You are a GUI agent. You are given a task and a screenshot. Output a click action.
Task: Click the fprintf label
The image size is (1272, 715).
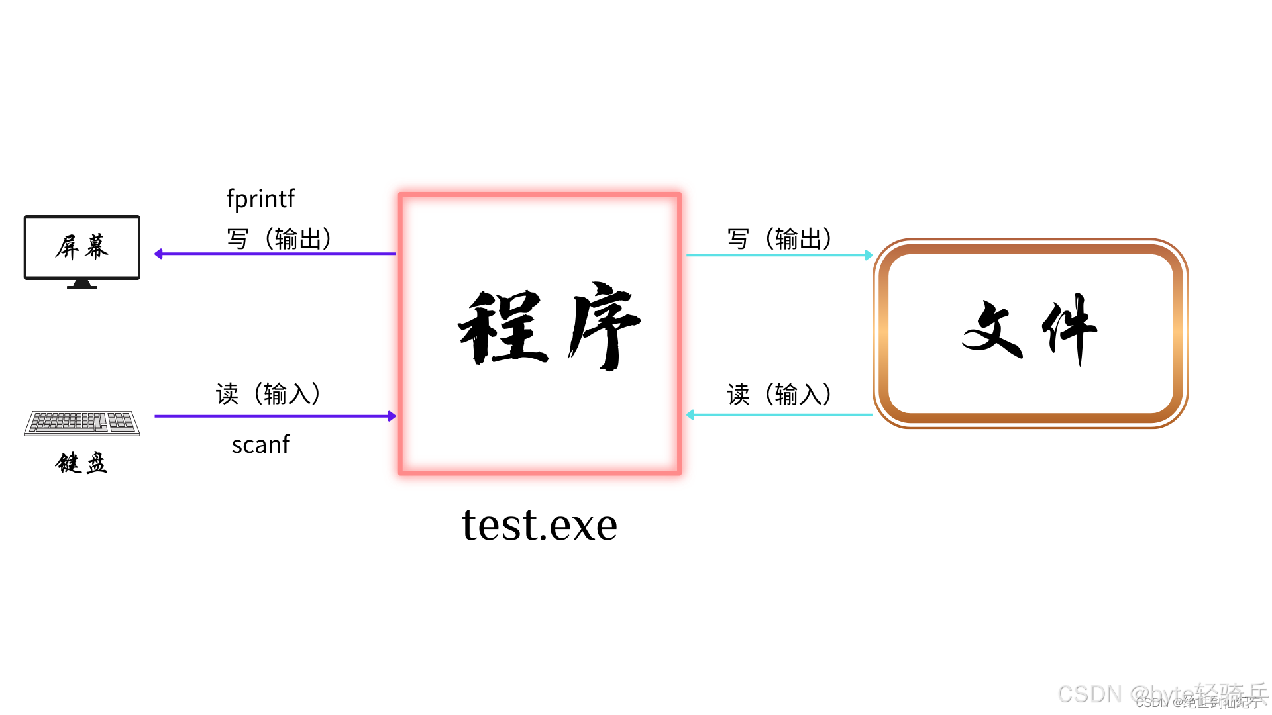coord(260,199)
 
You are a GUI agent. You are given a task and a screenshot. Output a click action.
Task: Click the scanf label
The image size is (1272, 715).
coord(260,444)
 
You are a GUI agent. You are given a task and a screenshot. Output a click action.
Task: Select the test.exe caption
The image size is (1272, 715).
coord(539,524)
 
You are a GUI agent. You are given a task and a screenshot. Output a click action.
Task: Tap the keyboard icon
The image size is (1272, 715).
coord(82,423)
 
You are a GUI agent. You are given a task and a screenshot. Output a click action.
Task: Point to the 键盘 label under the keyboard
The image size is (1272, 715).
coord(81,463)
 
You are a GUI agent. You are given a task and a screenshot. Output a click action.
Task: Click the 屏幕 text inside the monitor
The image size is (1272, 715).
coord(82,247)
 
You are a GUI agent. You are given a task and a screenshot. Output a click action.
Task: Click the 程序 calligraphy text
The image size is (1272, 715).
coord(549,327)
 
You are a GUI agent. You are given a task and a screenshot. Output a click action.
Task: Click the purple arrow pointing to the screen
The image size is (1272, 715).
coord(275,254)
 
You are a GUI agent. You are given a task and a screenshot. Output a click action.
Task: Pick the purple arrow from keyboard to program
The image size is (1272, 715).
coord(275,416)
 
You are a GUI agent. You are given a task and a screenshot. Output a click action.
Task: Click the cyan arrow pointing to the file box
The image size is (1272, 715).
coord(779,255)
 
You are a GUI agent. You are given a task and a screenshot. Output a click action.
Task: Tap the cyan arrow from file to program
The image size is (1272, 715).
coord(779,415)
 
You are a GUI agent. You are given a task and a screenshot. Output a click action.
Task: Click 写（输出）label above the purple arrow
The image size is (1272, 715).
coord(279,238)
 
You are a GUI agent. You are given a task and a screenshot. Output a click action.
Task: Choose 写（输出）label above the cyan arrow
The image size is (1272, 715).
coord(779,238)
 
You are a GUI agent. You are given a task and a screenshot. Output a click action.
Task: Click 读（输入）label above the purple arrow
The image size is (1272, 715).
coord(268,393)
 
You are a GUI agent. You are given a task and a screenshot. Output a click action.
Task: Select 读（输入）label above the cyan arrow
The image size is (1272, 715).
coord(779,394)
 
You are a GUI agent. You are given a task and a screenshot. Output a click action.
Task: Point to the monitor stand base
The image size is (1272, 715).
coord(82,285)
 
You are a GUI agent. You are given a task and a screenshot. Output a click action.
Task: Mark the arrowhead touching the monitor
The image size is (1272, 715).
coord(159,254)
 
